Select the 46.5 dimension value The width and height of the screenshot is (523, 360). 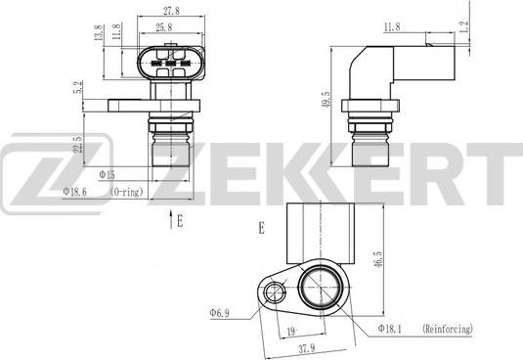tap(378, 260)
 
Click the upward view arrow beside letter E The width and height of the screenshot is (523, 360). tap(171, 219)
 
